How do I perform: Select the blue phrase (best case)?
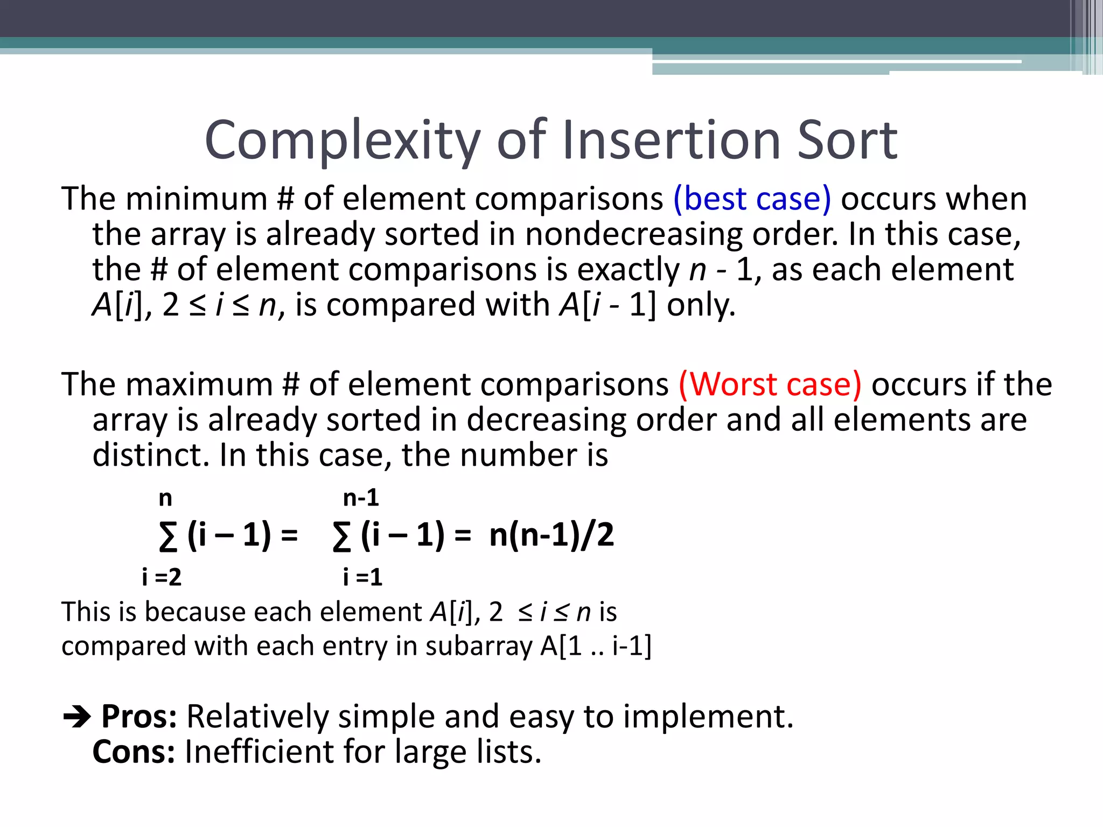752,199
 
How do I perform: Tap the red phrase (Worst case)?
770,384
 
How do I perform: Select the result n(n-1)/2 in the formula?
551,535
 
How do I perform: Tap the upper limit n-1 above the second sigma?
361,497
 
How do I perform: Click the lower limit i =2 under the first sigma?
162,577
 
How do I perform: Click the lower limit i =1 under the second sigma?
362,577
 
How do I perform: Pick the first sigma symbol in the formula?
167,537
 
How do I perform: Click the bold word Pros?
139,717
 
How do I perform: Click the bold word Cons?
134,752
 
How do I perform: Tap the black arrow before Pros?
77,717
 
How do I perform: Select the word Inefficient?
259,752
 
